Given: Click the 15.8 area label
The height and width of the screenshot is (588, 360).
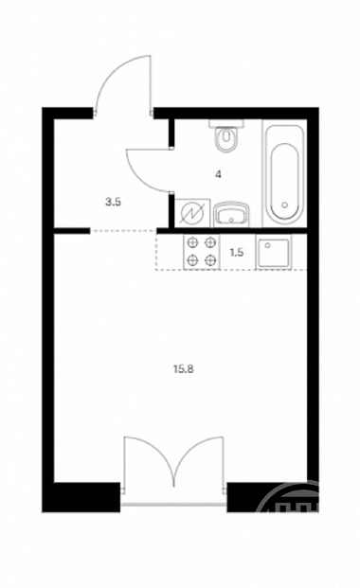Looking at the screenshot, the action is [183, 369].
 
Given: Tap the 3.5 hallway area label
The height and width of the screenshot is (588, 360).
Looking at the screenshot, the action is [113, 203].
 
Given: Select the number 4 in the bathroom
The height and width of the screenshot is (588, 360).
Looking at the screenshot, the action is [218, 174].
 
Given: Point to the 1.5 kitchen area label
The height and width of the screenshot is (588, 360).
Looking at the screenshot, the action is [237, 253].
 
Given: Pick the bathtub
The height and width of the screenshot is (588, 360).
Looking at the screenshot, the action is [285, 174].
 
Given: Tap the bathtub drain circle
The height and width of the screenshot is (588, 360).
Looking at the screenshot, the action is [285, 205].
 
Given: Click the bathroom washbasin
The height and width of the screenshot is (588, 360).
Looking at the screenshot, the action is [231, 215].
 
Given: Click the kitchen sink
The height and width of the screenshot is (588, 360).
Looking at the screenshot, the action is [273, 252].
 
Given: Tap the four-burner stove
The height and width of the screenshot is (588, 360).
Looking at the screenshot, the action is [202, 251].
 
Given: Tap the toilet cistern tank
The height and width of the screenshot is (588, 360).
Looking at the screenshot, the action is [226, 124].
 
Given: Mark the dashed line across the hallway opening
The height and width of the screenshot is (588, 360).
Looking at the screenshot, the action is [123, 231].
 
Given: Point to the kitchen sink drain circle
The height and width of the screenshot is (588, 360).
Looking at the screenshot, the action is [268, 245].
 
